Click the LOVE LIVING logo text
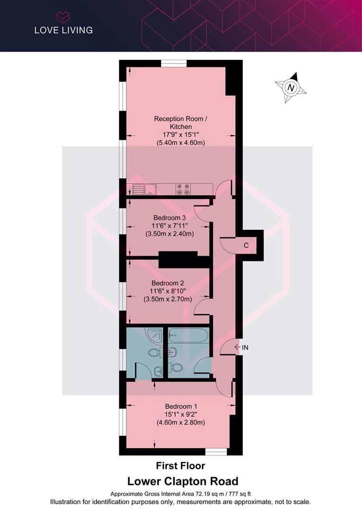coord(63,30)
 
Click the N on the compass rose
coord(290,88)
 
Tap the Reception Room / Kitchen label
coord(181,122)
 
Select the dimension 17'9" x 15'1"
coord(181,135)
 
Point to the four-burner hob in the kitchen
coord(183,189)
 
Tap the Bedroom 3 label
coord(170,218)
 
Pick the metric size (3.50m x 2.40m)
coord(170,234)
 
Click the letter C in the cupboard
coord(246,245)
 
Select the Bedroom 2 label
coord(167,283)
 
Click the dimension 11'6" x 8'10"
coord(167,291)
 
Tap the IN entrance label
coord(245,348)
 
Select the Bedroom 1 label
coord(181,407)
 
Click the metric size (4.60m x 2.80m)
coord(181,422)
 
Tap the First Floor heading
coord(181,466)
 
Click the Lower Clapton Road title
coord(182,481)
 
